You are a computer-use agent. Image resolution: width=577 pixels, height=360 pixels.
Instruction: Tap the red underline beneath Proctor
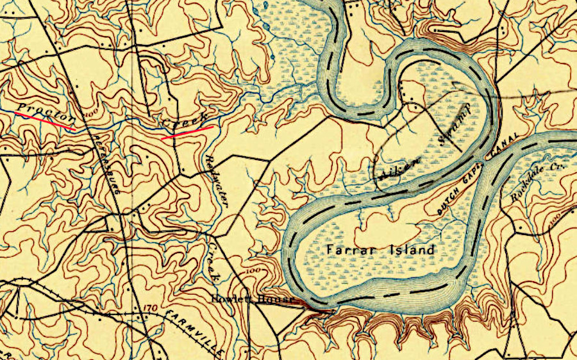point(44,120)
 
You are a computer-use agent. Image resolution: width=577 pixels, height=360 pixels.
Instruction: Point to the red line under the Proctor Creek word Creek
point(187,132)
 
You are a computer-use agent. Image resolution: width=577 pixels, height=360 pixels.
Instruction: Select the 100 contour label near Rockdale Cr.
point(556,219)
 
